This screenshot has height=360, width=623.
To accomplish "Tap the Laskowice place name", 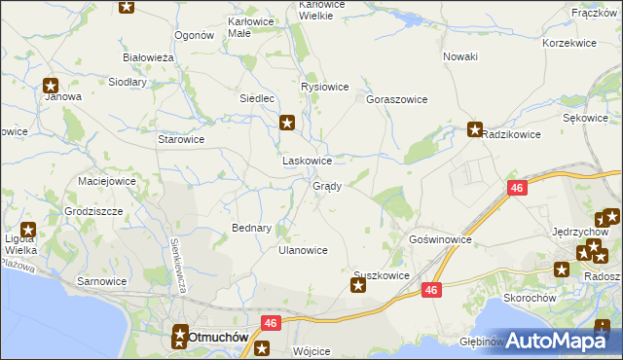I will click(x=307, y=161).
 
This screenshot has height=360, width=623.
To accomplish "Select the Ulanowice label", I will click(x=303, y=250).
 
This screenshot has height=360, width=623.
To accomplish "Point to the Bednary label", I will click(x=251, y=228).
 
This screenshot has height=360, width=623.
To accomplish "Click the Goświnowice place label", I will click(x=441, y=238).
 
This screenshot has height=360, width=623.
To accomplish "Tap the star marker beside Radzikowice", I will click(x=475, y=129).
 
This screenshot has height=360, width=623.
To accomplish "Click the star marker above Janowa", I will click(x=51, y=85).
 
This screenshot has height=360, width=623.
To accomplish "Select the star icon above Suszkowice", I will click(x=357, y=285).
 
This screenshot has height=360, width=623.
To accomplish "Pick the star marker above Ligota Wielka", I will click(x=28, y=231).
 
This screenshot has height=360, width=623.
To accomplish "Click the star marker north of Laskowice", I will click(x=287, y=123).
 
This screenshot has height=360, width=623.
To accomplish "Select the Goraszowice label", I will click(x=397, y=99).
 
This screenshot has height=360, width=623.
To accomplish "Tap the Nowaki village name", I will click(x=460, y=56).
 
